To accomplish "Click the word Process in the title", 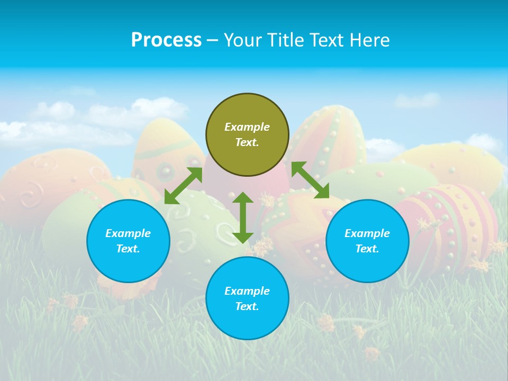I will tap(166, 40).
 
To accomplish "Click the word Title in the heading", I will tap(284, 40).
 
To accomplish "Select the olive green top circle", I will tap(247, 135).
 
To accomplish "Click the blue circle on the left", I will tap(128, 241).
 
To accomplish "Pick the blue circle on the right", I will tap(367, 241).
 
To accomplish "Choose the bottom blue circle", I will tap(247, 298).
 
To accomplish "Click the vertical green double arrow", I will tap(243, 217).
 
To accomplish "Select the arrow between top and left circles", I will tap(183, 186).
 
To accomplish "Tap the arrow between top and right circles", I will tap(310, 180).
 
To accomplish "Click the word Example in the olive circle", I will tap(247, 127).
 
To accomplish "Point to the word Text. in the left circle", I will tap(128, 249).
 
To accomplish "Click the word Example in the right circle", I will tap(367, 233).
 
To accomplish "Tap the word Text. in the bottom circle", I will tap(247, 306).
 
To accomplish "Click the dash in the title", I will tap(212, 40).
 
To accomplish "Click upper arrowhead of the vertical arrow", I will tap(243, 198).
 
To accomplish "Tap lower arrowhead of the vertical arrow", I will tap(243, 238).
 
